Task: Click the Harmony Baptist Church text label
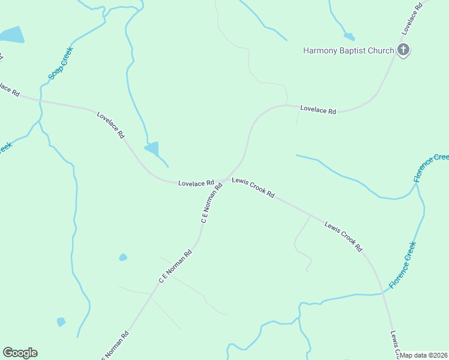pos(348,50)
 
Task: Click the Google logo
pos(20,353)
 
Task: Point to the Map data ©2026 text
pos(424,355)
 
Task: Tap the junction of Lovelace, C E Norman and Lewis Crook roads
pos(224,179)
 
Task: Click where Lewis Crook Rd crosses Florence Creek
pos(383,293)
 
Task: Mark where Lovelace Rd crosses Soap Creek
pos(41,100)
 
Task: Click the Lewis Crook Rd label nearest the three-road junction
pos(253,188)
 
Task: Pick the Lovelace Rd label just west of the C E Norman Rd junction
pos(196,183)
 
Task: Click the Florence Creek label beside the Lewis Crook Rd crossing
pos(402,265)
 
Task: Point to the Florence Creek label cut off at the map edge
pos(432,167)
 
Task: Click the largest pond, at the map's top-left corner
pos(12,35)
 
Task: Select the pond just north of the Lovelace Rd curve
pos(152,148)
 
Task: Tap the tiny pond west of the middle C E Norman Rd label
pos(123,257)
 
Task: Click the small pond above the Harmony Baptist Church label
pos(349,37)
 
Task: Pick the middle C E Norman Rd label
pos(175,266)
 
